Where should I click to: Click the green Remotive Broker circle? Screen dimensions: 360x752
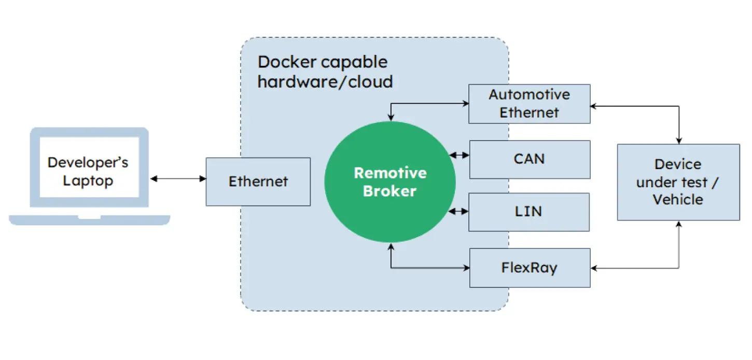click(x=389, y=182)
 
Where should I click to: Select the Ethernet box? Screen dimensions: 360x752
click(x=258, y=182)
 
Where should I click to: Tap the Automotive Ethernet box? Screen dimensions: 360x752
click(x=529, y=104)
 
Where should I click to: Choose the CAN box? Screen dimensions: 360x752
click(x=529, y=159)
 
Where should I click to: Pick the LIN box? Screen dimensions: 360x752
click(x=529, y=212)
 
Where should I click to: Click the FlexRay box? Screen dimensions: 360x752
click(x=529, y=268)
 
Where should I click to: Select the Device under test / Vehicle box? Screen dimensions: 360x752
click(x=678, y=182)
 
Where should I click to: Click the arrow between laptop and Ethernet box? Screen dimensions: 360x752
click(x=178, y=179)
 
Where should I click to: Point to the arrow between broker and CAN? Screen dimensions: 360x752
click(x=459, y=155)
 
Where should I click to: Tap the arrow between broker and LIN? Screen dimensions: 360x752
click(x=459, y=211)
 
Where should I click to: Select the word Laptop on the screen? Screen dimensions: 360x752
click(x=88, y=181)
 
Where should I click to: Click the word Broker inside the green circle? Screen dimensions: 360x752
click(x=389, y=191)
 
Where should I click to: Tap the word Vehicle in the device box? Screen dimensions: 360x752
click(x=677, y=200)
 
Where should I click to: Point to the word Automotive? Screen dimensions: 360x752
click(x=529, y=95)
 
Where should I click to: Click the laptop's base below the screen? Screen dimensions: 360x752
click(x=89, y=220)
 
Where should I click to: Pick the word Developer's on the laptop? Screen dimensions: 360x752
click(x=88, y=162)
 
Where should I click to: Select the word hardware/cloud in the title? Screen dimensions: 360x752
click(x=325, y=81)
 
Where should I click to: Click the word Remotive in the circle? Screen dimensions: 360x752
click(x=389, y=173)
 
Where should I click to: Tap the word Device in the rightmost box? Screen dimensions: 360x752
click(x=677, y=164)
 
